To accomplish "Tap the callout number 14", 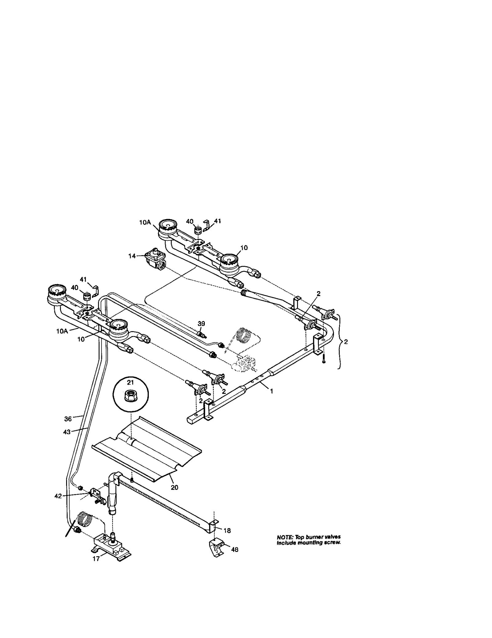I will pyautogui.click(x=132, y=256).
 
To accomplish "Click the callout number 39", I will pyautogui.click(x=201, y=323).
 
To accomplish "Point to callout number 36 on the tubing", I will pyautogui.click(x=68, y=419).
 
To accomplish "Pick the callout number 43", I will pyautogui.click(x=67, y=432).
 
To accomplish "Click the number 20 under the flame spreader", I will pyautogui.click(x=174, y=487).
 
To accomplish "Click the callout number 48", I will pyautogui.click(x=234, y=549).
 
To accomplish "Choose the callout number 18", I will pyautogui.click(x=227, y=530).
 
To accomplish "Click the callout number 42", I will pyautogui.click(x=58, y=496).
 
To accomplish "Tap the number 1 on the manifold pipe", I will pyautogui.click(x=271, y=391).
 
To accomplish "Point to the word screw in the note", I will pyautogui.click(x=333, y=543).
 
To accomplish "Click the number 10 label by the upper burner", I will pyautogui.click(x=244, y=248).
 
